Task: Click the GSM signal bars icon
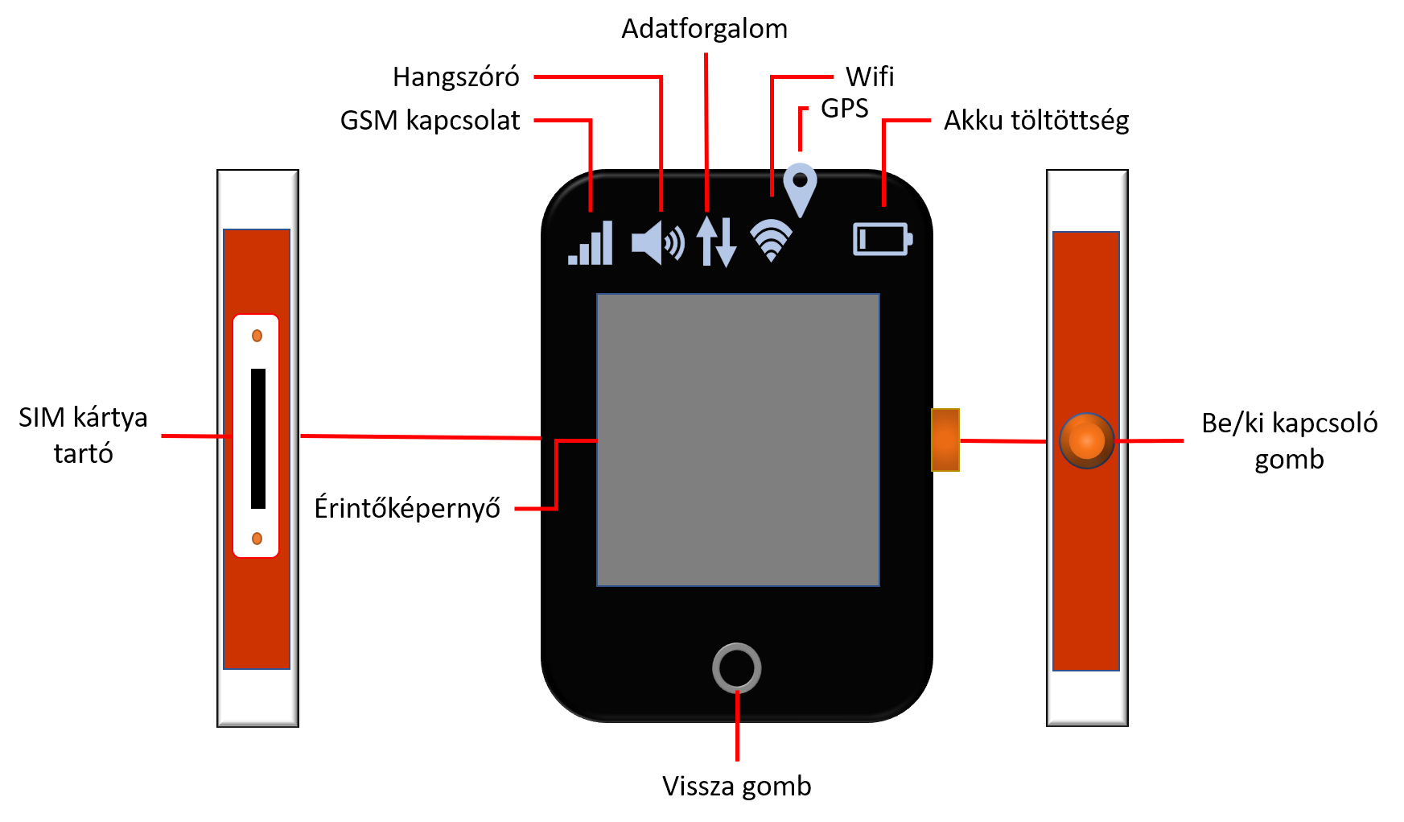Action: click(x=591, y=243)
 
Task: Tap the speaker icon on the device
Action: click(x=658, y=242)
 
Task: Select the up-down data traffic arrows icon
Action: click(x=716, y=241)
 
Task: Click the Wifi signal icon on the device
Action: click(x=771, y=240)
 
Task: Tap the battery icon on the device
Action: click(x=883, y=239)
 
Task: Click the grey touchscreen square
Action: click(x=738, y=440)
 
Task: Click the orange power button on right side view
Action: click(x=1086, y=440)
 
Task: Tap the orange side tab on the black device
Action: click(x=945, y=440)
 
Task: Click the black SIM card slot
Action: click(x=258, y=439)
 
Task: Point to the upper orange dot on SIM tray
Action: click(x=257, y=336)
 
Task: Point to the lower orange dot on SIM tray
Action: click(x=257, y=539)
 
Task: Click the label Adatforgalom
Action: click(x=704, y=29)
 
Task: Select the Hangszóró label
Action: click(x=456, y=77)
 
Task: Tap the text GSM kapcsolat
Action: click(x=430, y=121)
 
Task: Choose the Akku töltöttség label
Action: click(x=1036, y=121)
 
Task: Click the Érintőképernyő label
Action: click(x=407, y=509)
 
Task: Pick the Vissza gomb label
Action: click(x=737, y=786)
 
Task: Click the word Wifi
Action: click(x=870, y=77)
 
